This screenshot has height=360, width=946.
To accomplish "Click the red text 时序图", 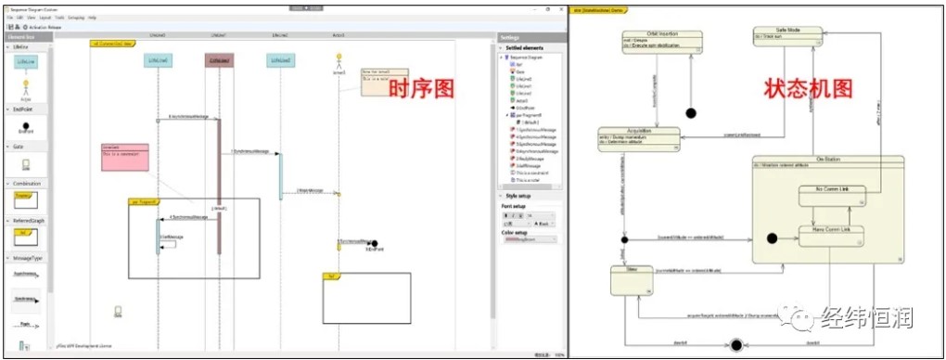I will pos(421,90).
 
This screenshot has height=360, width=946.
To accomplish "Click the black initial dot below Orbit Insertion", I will pos(690,113).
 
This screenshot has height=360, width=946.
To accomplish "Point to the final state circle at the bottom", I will pos(736,345).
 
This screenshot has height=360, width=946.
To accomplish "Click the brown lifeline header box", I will pos(219,60).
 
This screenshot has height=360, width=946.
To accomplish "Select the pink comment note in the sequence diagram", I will pos(124,157).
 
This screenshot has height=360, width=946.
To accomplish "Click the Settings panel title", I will pos(511,38).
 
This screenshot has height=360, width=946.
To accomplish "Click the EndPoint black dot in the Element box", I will pos(25,124).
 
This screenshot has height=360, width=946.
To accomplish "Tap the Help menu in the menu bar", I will pos(93,18).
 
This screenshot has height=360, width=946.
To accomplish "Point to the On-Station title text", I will pos(827,159).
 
